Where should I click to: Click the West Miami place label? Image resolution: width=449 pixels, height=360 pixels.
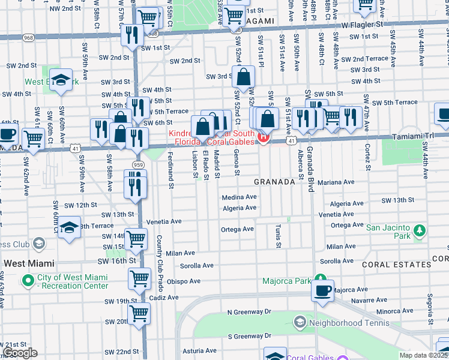(x=29, y=263)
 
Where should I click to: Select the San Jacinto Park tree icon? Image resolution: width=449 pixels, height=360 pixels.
(x=419, y=231)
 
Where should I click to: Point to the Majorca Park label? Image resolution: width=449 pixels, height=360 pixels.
(x=286, y=281)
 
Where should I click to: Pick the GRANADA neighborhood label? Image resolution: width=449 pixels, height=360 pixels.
(x=274, y=181)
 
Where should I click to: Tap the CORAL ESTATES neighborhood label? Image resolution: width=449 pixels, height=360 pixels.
(x=397, y=264)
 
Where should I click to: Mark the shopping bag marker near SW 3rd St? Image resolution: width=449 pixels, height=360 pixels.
(x=244, y=77)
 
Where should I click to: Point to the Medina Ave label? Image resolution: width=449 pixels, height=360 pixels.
(x=239, y=197)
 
